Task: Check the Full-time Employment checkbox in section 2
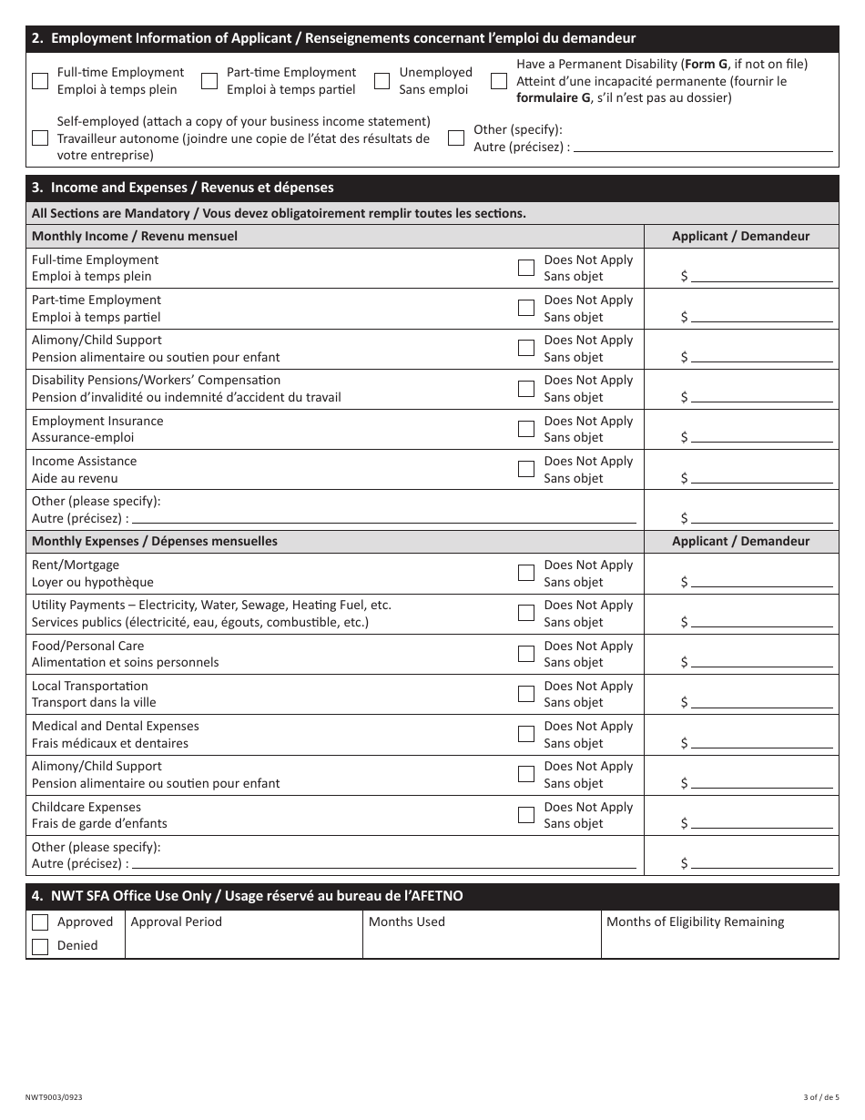click(x=40, y=81)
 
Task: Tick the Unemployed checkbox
click(x=382, y=81)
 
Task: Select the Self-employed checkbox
click(x=40, y=138)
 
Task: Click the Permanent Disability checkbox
click(x=499, y=81)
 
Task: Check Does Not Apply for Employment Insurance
click(x=526, y=429)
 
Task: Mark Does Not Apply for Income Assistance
click(x=526, y=469)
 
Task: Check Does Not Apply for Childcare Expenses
click(x=526, y=815)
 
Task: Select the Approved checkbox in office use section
click(x=40, y=922)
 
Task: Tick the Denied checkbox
click(x=40, y=946)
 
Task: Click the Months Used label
click(x=407, y=921)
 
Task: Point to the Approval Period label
click(x=177, y=921)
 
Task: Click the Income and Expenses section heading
click(x=183, y=188)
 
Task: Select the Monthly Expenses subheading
click(x=155, y=541)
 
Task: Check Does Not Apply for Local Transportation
click(x=526, y=694)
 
